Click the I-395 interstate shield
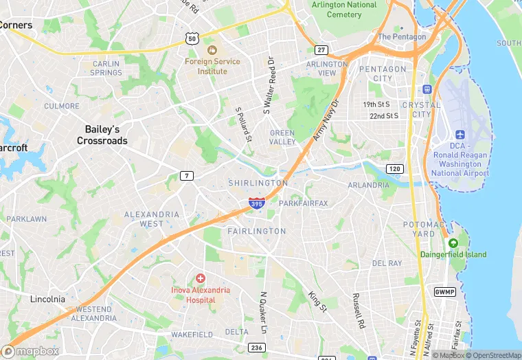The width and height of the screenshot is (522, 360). click(256, 203)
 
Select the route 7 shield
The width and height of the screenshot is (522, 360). click(187, 176)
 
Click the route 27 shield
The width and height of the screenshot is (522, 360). click(321, 50)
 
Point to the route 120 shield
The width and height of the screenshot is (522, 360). click(394, 168)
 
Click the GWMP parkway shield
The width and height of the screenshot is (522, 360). click(444, 292)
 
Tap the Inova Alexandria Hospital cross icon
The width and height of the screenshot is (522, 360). click(200, 278)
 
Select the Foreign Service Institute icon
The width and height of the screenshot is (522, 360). click(212, 49)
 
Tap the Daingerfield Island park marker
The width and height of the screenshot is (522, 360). click(453, 243)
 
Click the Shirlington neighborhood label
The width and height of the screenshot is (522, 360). click(258, 183)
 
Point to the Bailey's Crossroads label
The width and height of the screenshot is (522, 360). click(102, 135)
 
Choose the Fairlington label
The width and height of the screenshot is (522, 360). click(256, 232)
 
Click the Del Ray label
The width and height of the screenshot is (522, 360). click(387, 263)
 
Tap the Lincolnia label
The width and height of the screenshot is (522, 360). click(48, 299)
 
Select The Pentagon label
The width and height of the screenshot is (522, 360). click(402, 36)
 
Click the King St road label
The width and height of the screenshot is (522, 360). click(317, 302)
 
